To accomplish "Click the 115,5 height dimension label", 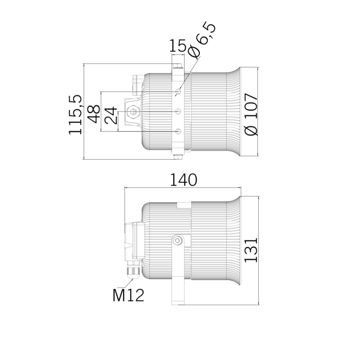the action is (75, 114).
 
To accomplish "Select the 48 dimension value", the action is (94, 114).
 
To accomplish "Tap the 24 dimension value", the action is (111, 115).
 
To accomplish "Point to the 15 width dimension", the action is (177, 45).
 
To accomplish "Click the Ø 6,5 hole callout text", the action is (202, 40).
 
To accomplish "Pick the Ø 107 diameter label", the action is (251, 114).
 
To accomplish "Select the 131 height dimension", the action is (251, 250).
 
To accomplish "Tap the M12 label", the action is (128, 295).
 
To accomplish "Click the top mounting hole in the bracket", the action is (178, 92).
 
